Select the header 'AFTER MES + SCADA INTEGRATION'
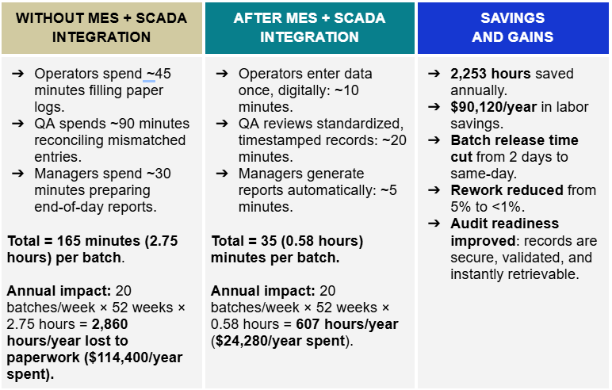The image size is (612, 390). pyautogui.click(x=309, y=28)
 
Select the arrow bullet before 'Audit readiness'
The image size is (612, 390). pyautogui.click(x=435, y=224)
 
